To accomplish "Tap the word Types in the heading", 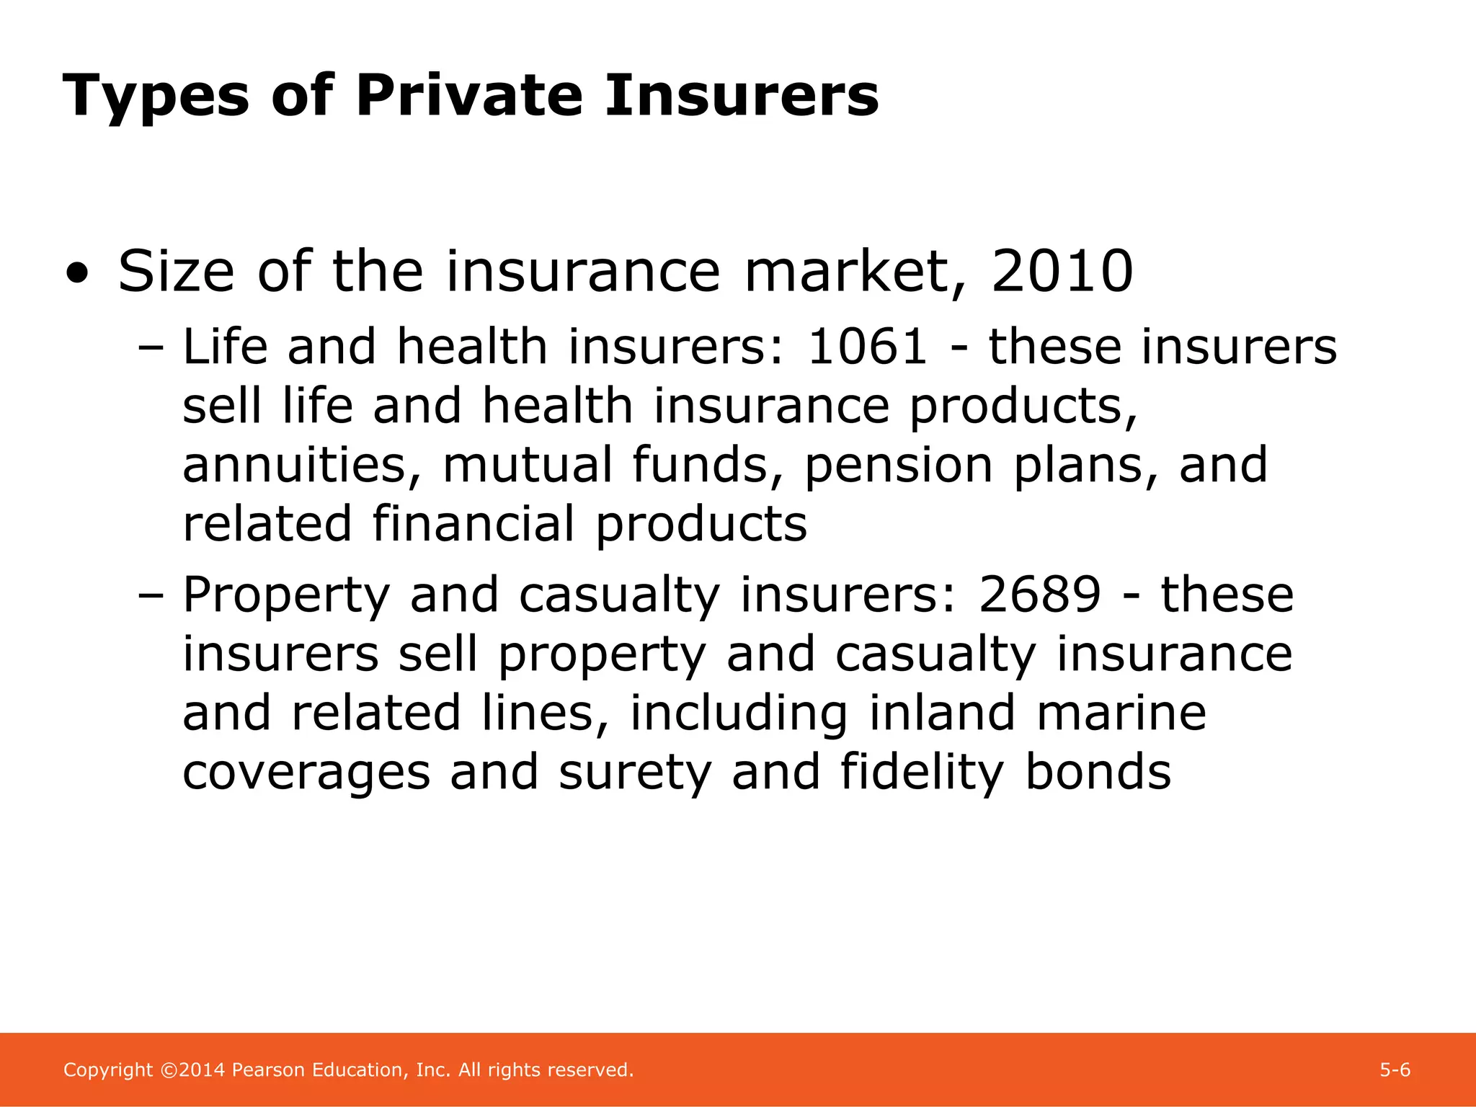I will coord(156,97).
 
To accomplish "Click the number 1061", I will coord(867,347).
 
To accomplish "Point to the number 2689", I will coord(1039,595).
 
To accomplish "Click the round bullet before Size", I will coord(77,275).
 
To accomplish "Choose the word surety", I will coord(635,773).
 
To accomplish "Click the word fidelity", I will coord(922,772).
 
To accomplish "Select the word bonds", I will coord(1098,772).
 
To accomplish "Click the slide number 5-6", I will coord(1395,1070).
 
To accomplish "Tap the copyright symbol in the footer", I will coord(169,1070).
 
